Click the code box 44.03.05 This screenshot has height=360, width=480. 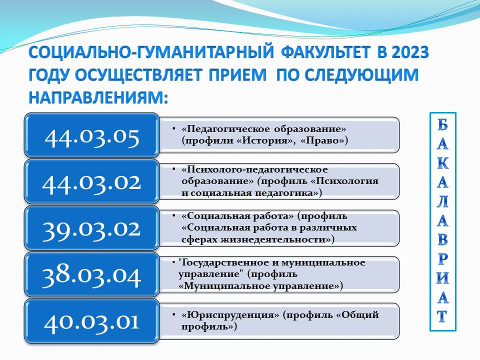pyautogui.click(x=92, y=135)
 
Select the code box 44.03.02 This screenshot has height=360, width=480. pyautogui.click(x=92, y=182)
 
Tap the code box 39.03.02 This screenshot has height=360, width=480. pyautogui.click(x=92, y=228)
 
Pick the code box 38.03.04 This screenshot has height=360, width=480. pyautogui.click(x=92, y=275)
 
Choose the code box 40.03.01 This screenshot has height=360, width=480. pyautogui.click(x=92, y=321)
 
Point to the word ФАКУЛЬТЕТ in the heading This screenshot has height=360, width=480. pyautogui.click(x=325, y=52)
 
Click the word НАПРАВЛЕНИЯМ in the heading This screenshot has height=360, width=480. pyautogui.click(x=98, y=97)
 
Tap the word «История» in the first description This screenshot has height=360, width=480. pyautogui.click(x=264, y=140)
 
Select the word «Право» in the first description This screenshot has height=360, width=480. pyautogui.click(x=324, y=140)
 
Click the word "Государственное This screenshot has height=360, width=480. pyautogui.click(x=228, y=262)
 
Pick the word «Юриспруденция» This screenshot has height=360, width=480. pyautogui.click(x=230, y=315)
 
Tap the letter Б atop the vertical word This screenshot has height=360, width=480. pyautogui.click(x=442, y=125)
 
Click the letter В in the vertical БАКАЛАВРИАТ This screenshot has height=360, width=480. pyautogui.click(x=442, y=240)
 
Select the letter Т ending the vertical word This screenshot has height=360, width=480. pyautogui.click(x=442, y=316)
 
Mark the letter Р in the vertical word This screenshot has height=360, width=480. pyautogui.click(x=442, y=259)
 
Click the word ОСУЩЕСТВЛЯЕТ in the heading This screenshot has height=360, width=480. pyautogui.click(x=138, y=75)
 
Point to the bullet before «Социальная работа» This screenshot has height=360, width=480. pyautogui.click(x=173, y=216)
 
